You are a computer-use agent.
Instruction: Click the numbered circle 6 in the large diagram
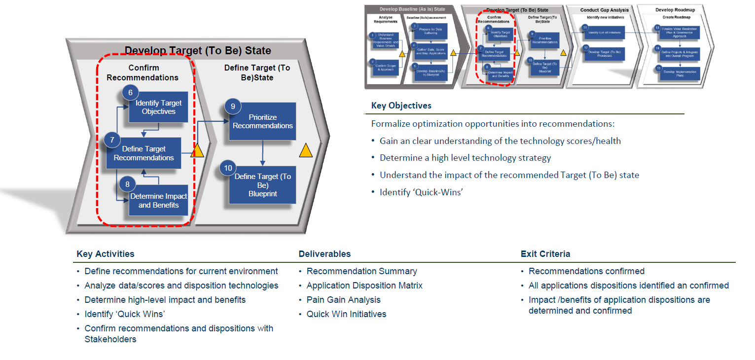click(130, 92)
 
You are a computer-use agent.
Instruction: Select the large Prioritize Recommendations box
click(262, 122)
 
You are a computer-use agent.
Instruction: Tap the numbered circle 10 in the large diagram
click(227, 168)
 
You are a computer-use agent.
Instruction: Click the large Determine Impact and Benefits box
click(158, 200)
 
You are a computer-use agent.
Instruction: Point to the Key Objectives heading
click(401, 106)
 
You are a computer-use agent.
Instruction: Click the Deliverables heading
click(324, 254)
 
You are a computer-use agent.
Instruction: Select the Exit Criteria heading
click(545, 254)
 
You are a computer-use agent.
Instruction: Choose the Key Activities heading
click(106, 254)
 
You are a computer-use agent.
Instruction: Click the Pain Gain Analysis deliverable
click(344, 300)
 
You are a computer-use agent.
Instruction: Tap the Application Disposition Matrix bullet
click(364, 286)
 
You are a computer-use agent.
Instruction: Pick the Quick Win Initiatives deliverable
click(346, 314)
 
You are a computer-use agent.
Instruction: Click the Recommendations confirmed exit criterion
click(586, 271)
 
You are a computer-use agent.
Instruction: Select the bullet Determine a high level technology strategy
click(465, 158)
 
